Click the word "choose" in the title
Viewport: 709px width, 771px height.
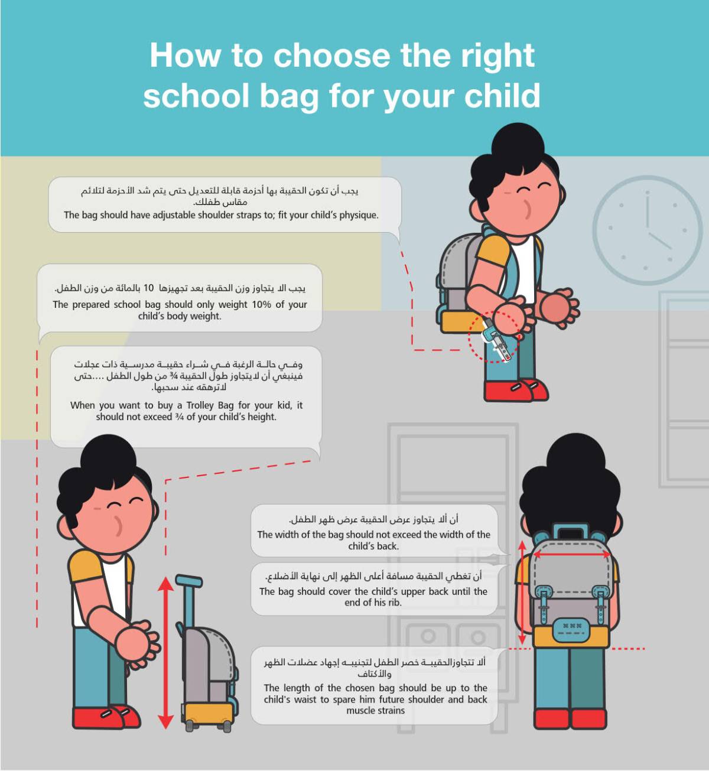click(332, 56)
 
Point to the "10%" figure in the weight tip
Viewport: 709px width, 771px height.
click(262, 304)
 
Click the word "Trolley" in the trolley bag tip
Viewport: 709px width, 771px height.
click(200, 405)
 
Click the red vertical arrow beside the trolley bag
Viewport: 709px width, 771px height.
click(165, 653)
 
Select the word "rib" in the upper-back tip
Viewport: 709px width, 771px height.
click(393, 602)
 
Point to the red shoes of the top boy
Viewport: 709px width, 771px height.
click(516, 390)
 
